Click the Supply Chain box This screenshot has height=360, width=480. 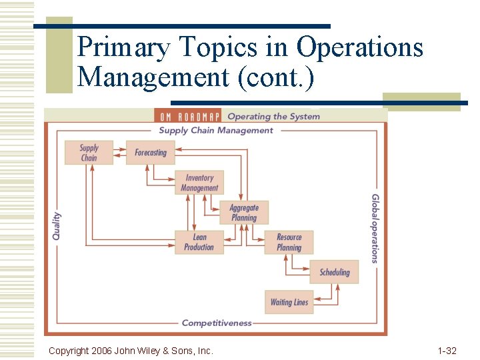[x=89, y=153]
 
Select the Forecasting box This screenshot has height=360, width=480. [x=151, y=153]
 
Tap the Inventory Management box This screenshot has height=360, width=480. [x=199, y=183]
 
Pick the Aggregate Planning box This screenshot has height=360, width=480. [x=244, y=213]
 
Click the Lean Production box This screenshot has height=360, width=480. [x=199, y=242]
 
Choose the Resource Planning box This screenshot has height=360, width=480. [x=289, y=242]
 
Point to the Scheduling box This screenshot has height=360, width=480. [x=334, y=272]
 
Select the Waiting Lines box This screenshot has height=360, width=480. [x=289, y=302]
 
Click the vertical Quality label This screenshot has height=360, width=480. [x=57, y=226]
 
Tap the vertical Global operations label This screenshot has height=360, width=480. [x=375, y=228]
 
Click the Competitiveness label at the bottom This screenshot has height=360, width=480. [x=217, y=323]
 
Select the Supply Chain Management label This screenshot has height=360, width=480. [x=216, y=131]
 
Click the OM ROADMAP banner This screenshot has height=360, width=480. [x=188, y=117]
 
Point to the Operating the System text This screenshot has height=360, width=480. [x=273, y=117]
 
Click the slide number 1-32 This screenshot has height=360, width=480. [x=447, y=351]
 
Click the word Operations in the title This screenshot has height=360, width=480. [x=359, y=48]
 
